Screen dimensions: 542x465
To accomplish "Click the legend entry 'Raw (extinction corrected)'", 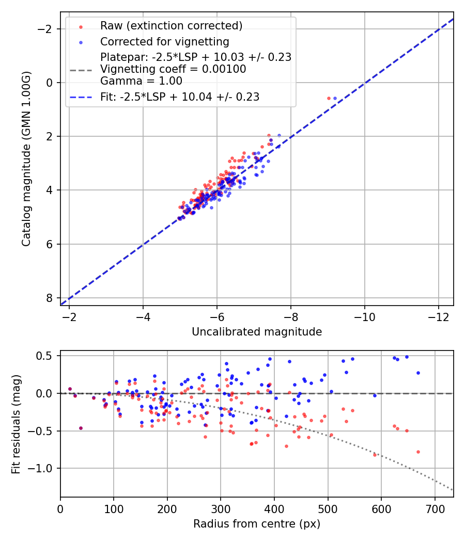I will (x=171, y=26).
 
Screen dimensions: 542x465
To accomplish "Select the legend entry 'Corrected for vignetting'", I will (x=164, y=41).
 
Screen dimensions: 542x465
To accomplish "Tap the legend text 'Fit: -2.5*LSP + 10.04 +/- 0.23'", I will (x=180, y=97).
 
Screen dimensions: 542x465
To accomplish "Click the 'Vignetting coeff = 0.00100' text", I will (x=173, y=69).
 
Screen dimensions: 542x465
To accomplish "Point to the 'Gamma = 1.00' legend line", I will (x=141, y=81).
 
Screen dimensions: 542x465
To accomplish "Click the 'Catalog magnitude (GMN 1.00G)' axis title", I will (x=26, y=158).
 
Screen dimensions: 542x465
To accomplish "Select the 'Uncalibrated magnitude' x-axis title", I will (x=257, y=332).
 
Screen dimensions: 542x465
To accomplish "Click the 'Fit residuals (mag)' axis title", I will (x=16, y=424).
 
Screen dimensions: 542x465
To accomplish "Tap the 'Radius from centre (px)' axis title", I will (x=257, y=524).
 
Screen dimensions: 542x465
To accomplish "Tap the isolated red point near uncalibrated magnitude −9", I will (x=329, y=98).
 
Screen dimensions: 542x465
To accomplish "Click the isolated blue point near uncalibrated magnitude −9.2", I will (x=335, y=98).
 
